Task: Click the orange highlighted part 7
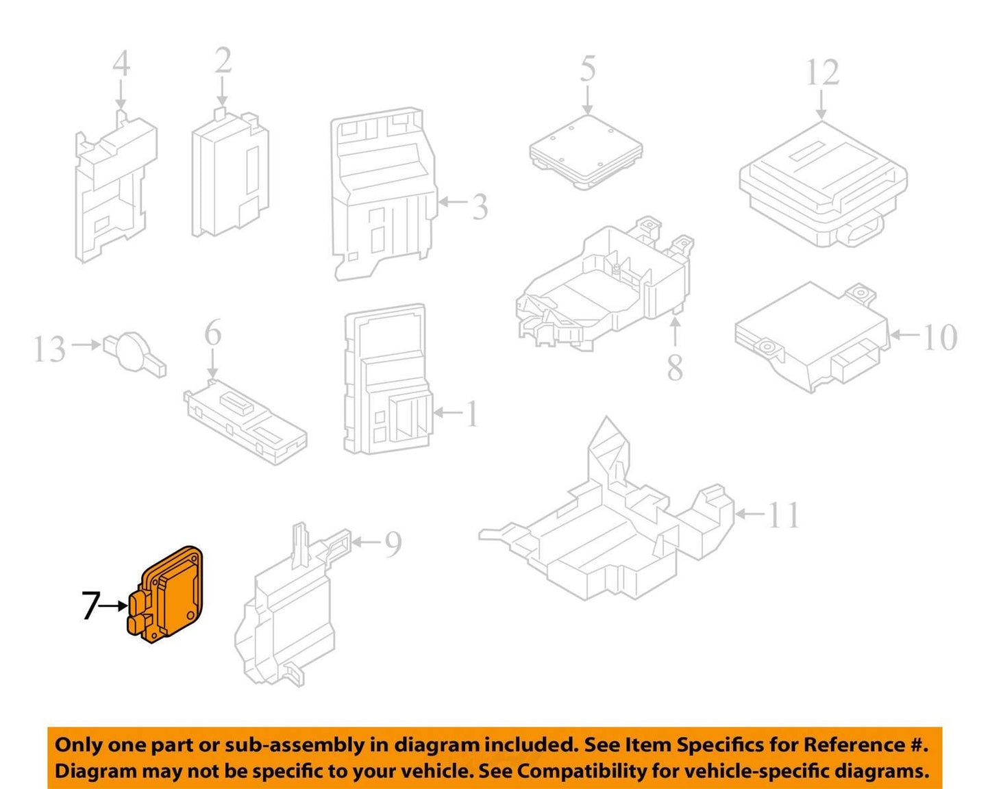tap(168, 595)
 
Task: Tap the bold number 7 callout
tap(90, 605)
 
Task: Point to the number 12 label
tap(823, 72)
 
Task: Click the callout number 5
tap(588, 68)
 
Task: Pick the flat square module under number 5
tap(586, 151)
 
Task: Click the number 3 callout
tap(480, 207)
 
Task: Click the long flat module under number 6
tap(245, 421)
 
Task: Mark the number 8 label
tap(675, 368)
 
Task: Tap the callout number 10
tap(940, 337)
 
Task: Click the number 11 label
tap(784, 515)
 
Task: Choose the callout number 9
tap(393, 543)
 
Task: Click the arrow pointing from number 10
tap(906, 334)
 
